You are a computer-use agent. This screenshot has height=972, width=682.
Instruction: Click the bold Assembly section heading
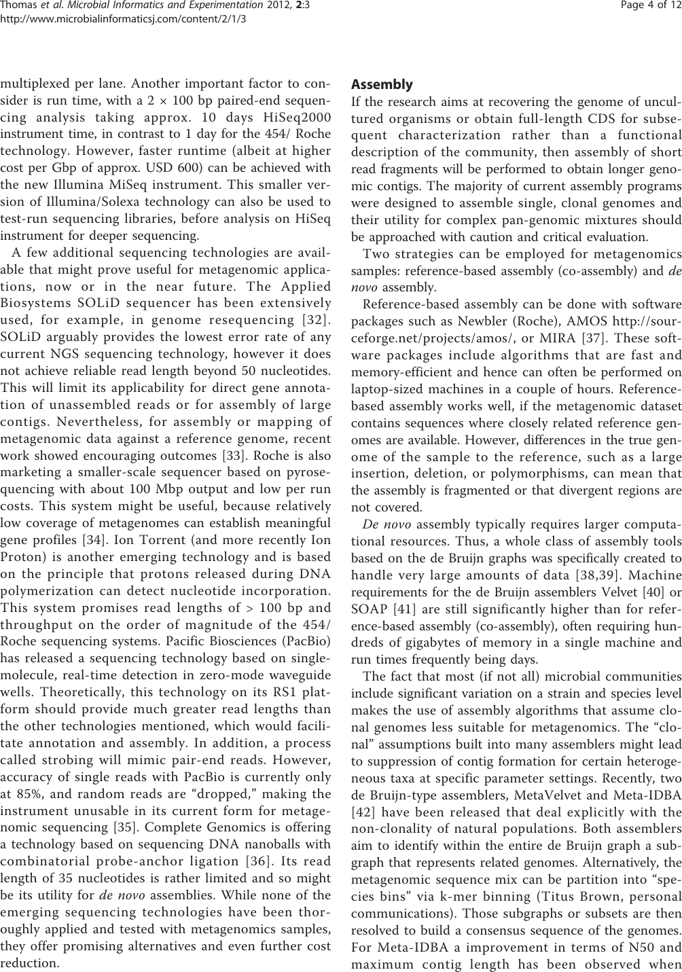click(381, 85)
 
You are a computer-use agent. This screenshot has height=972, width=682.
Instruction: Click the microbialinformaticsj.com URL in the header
click(123, 19)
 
